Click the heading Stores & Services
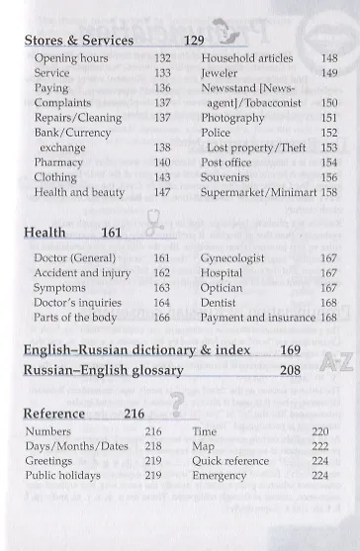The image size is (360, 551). click(78, 41)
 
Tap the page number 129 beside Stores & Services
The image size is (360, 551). click(196, 41)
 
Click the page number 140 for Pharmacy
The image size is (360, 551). click(163, 161)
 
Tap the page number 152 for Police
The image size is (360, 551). click(329, 132)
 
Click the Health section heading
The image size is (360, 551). click(45, 233)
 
